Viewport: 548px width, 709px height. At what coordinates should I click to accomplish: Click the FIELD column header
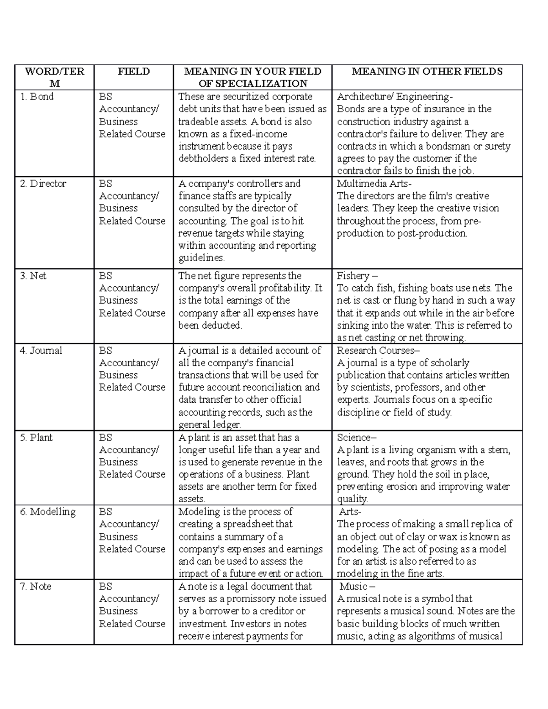coord(133,71)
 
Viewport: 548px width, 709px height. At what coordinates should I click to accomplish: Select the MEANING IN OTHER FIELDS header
coord(427,71)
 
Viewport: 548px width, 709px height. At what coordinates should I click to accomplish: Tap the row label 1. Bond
coord(37,97)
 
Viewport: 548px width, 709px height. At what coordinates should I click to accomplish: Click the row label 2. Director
coord(43,184)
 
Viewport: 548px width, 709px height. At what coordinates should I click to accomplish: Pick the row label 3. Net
coord(33,276)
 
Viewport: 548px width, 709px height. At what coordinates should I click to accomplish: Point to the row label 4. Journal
coord(41,351)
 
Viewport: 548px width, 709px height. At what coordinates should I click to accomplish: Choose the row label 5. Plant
coord(36,437)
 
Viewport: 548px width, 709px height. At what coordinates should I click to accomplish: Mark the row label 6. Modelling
coord(47,512)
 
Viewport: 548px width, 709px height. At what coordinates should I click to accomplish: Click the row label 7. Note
coord(36,586)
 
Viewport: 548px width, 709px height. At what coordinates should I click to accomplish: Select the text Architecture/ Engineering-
coord(395,97)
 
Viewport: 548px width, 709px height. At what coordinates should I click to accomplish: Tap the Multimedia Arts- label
coord(374,184)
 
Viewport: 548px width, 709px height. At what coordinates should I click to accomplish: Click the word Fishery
coord(353,276)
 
